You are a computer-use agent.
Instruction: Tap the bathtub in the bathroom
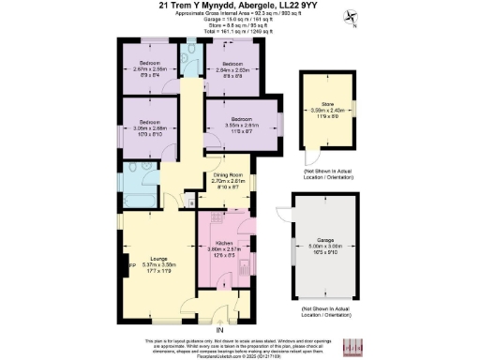click(x=128, y=185)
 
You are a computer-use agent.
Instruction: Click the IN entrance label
click(x=219, y=330)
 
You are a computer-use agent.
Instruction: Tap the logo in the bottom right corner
click(x=352, y=345)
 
